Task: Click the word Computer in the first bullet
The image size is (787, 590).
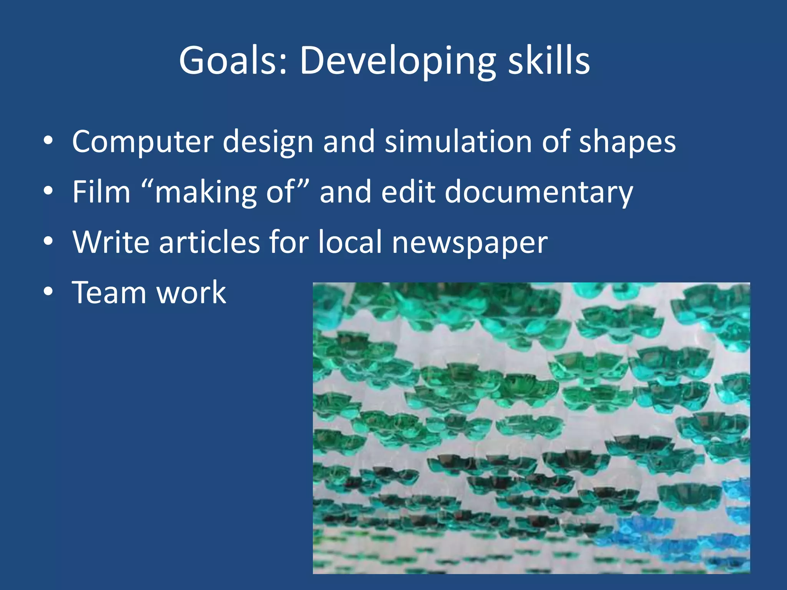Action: click(x=142, y=142)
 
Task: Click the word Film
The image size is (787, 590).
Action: click(x=101, y=192)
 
